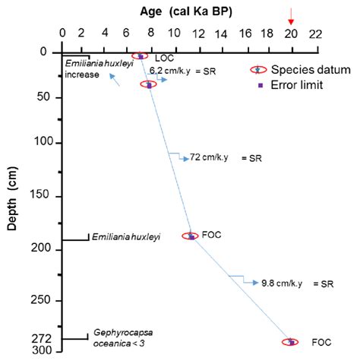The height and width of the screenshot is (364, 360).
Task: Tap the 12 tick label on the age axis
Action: (x=197, y=33)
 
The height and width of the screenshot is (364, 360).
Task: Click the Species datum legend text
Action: (x=312, y=69)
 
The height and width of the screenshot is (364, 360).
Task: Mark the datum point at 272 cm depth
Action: (x=290, y=342)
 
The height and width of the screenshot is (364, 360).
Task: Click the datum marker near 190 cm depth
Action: (x=190, y=236)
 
